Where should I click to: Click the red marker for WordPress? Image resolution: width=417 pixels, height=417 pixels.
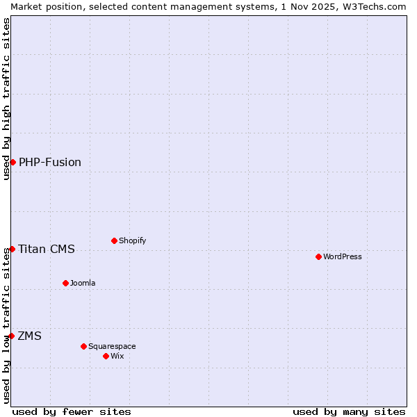(318, 256)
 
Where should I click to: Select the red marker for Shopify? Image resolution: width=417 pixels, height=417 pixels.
(114, 240)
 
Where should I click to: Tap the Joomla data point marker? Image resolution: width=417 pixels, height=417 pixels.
(65, 283)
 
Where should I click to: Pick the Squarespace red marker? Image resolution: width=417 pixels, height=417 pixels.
(83, 346)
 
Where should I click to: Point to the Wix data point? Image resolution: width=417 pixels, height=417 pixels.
(106, 356)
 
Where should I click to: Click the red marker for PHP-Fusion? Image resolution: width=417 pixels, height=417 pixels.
(13, 162)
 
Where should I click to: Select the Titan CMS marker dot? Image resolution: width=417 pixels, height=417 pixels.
(12, 249)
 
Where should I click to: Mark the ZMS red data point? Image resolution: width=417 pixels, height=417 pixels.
(11, 336)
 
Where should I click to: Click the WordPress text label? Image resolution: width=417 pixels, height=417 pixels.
(343, 256)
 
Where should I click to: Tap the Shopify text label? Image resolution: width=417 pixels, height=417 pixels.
(132, 240)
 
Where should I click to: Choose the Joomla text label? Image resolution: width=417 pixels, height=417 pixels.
(83, 283)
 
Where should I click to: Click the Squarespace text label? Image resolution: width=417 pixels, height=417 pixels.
(112, 346)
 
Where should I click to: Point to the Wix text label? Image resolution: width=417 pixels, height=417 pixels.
(117, 356)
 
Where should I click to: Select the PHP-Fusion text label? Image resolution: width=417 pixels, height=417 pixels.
(50, 163)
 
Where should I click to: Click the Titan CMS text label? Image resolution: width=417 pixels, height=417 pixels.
(47, 250)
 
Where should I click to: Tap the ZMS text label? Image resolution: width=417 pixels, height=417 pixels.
(30, 336)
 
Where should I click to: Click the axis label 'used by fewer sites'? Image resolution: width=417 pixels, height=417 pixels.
(72, 411)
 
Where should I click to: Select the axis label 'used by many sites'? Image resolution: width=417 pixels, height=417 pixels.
(349, 411)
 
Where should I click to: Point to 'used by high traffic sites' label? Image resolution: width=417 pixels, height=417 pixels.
(6, 99)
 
